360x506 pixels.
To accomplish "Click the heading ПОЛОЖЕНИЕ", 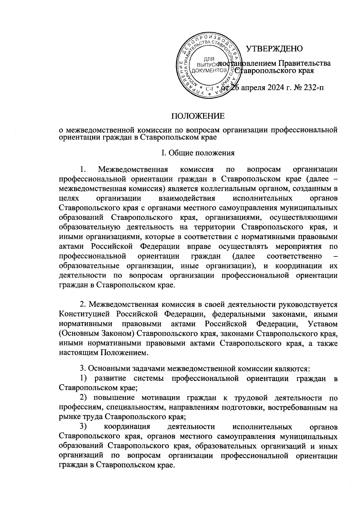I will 198,116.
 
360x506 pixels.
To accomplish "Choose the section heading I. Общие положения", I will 198,153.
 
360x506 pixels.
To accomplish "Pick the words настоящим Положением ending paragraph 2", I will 103,353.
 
